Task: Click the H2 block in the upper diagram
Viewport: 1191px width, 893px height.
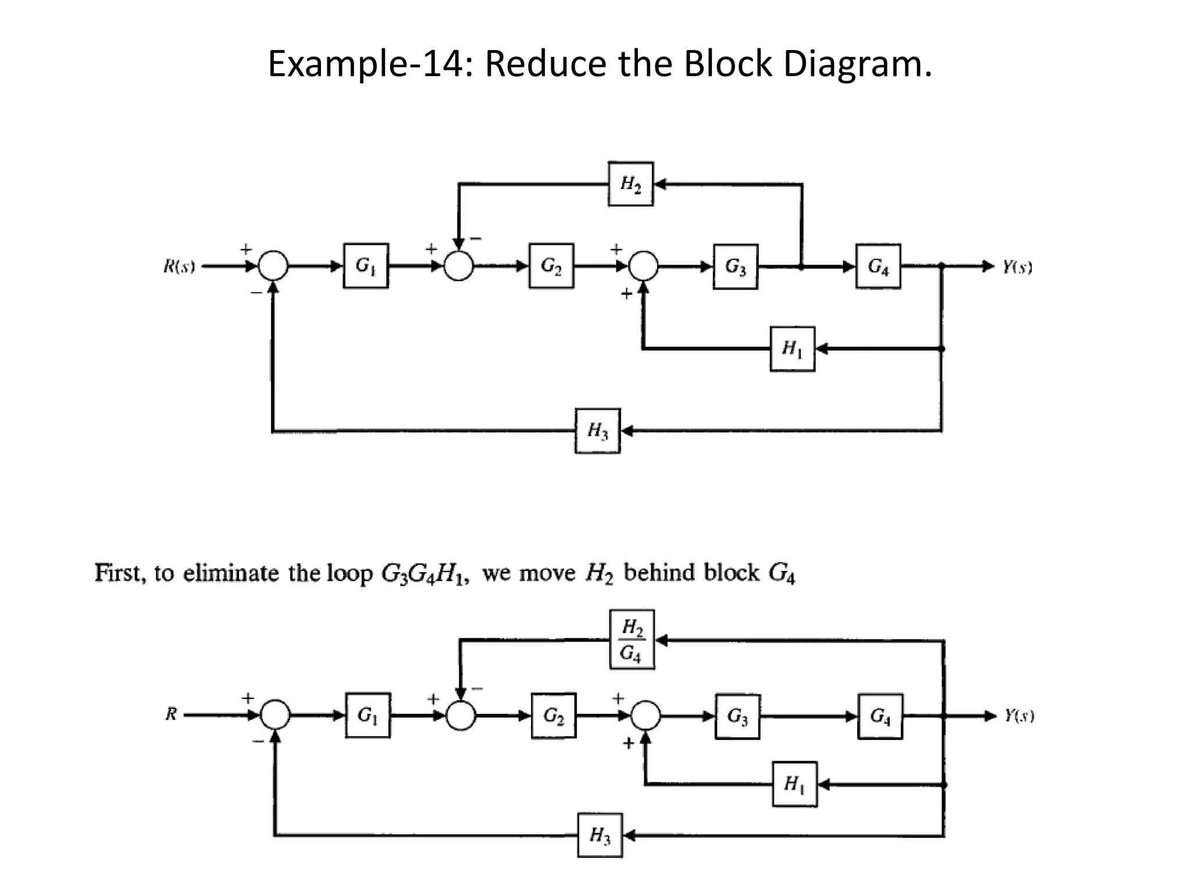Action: (630, 184)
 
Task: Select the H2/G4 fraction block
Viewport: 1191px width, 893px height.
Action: (632, 640)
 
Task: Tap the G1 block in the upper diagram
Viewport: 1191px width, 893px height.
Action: (365, 266)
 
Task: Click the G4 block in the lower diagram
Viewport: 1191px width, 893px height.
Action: (880, 716)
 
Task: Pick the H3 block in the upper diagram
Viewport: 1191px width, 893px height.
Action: (597, 431)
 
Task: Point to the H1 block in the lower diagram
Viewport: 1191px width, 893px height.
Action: (794, 784)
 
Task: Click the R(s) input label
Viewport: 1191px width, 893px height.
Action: (179, 267)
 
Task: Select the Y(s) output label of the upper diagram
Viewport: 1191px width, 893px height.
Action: (1017, 267)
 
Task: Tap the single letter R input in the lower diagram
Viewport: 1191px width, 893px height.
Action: (170, 715)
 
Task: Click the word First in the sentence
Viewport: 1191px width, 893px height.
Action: (119, 573)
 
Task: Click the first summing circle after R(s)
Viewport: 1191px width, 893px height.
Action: (273, 266)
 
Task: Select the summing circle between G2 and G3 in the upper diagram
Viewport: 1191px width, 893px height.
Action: (643, 266)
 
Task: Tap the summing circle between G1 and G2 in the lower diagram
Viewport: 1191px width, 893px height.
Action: (461, 716)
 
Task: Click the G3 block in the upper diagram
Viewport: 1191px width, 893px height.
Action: (735, 266)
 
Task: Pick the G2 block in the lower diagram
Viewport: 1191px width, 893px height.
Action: (553, 716)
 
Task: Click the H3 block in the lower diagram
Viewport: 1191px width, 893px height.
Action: (600, 835)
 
